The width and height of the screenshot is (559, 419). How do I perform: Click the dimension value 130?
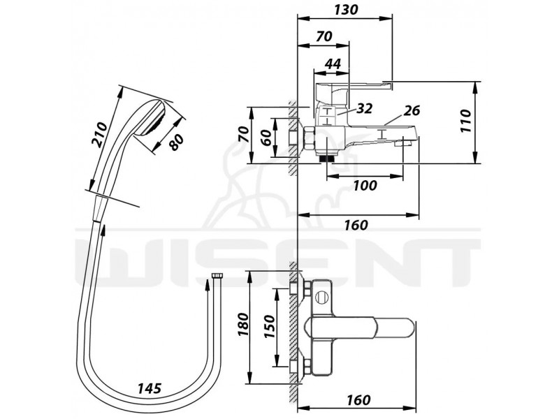click(345, 10)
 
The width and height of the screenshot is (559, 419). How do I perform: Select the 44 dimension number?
click(333, 64)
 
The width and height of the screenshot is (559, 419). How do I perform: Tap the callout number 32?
click(364, 108)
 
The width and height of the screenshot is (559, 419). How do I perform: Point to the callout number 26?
click(412, 111)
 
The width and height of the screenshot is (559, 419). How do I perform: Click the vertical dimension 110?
click(465, 121)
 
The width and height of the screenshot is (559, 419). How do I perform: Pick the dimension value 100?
click(365, 185)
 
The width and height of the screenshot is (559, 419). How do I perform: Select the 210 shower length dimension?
click(99, 134)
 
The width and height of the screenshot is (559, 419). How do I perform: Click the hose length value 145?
click(150, 388)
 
